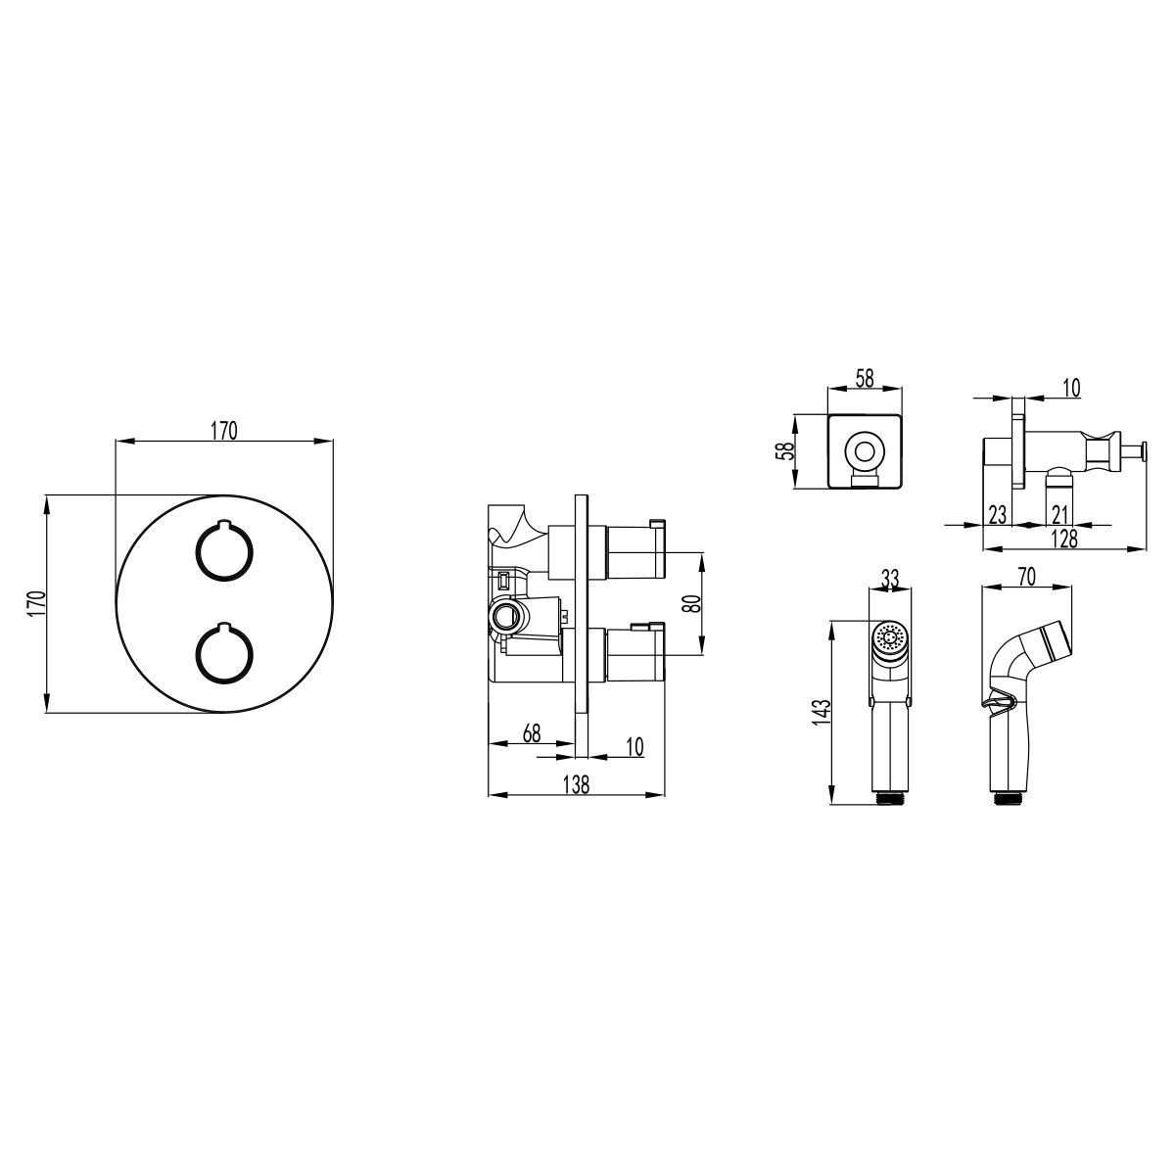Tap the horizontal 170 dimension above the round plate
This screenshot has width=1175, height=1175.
click(x=224, y=431)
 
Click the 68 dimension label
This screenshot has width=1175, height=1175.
click(x=531, y=733)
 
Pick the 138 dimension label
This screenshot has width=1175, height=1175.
click(x=576, y=784)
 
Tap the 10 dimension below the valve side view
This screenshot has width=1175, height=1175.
click(x=634, y=746)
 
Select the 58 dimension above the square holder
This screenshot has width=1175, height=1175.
click(x=864, y=378)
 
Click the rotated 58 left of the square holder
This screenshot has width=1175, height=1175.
click(x=787, y=450)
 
